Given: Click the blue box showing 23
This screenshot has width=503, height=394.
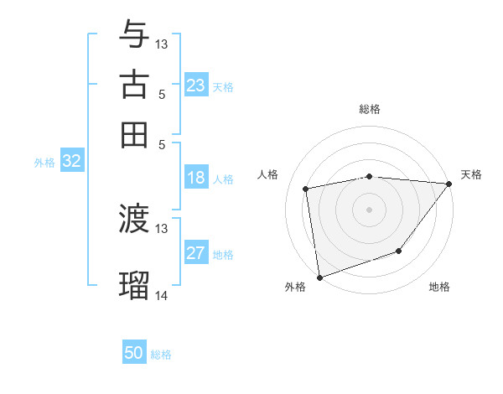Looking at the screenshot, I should (x=196, y=86).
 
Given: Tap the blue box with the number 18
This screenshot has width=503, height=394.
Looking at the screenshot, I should (x=196, y=178).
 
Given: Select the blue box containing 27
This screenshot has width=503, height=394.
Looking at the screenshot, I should (x=196, y=253).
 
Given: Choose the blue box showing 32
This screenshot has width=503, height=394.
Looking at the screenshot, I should (x=71, y=162).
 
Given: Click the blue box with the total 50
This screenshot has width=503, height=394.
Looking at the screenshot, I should (x=134, y=353).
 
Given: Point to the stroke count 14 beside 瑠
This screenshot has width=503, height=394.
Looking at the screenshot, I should (x=162, y=295).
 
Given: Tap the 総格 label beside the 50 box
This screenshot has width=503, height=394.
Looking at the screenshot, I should (x=161, y=355).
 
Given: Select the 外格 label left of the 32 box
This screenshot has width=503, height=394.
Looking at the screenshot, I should (x=44, y=163).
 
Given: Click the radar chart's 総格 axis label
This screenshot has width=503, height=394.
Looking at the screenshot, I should (x=370, y=109).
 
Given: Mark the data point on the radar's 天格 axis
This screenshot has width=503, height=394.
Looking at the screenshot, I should (x=449, y=184).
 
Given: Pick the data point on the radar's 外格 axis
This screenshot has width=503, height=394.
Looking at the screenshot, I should (x=319, y=277).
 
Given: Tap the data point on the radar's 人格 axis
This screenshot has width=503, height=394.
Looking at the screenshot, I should (x=307, y=189).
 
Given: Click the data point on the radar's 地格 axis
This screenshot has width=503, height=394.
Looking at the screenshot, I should (x=399, y=251).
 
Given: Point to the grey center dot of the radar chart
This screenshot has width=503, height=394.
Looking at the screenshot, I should (x=370, y=209).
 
